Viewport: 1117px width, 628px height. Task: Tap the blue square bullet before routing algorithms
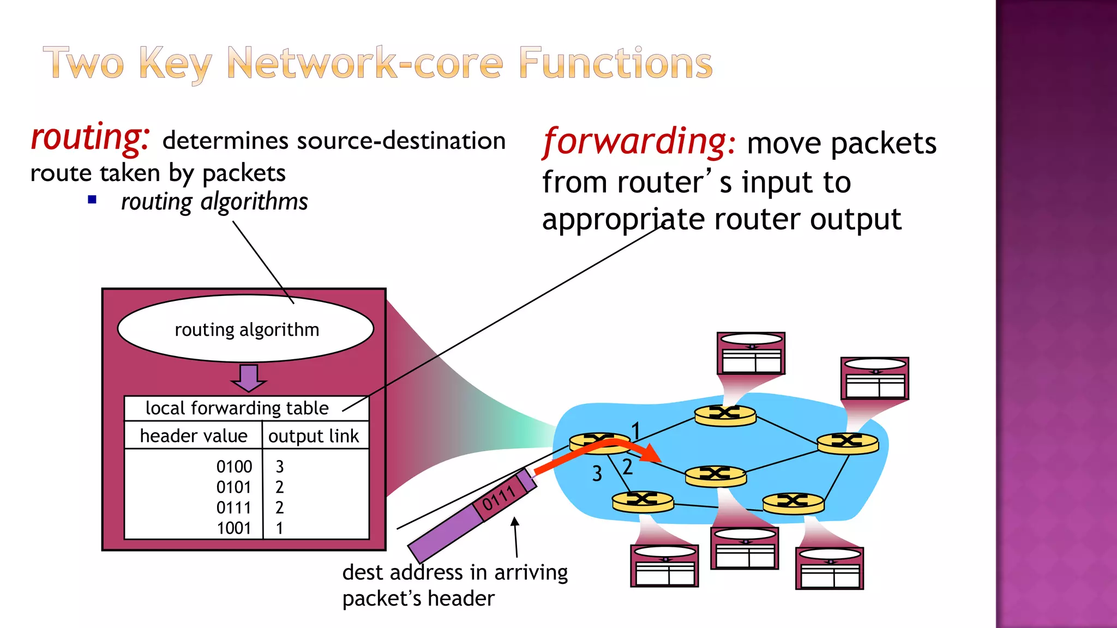pyautogui.click(x=92, y=200)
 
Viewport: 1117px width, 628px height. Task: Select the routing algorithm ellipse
pyautogui.click(x=246, y=329)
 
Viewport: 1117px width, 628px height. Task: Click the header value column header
pyautogui.click(x=194, y=436)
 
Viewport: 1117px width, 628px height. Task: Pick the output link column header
pyautogui.click(x=314, y=436)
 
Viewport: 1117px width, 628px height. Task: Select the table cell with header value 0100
pyautogui.click(x=234, y=467)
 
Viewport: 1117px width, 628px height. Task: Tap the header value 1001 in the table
pyautogui.click(x=234, y=528)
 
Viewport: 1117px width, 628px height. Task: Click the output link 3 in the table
pyautogui.click(x=280, y=467)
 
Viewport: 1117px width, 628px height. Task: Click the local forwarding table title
pyautogui.click(x=237, y=408)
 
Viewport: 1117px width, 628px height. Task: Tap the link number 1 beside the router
pyautogui.click(x=636, y=431)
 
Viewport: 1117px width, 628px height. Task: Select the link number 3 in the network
pyautogui.click(x=597, y=474)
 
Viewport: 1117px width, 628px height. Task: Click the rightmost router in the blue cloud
pyautogui.click(x=848, y=443)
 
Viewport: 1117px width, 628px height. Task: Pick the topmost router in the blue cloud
pyautogui.click(x=725, y=415)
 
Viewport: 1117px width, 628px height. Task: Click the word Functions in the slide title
pyautogui.click(x=615, y=63)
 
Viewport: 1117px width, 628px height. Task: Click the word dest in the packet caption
pyautogui.click(x=363, y=572)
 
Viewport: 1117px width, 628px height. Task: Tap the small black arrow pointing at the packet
pyautogui.click(x=515, y=537)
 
